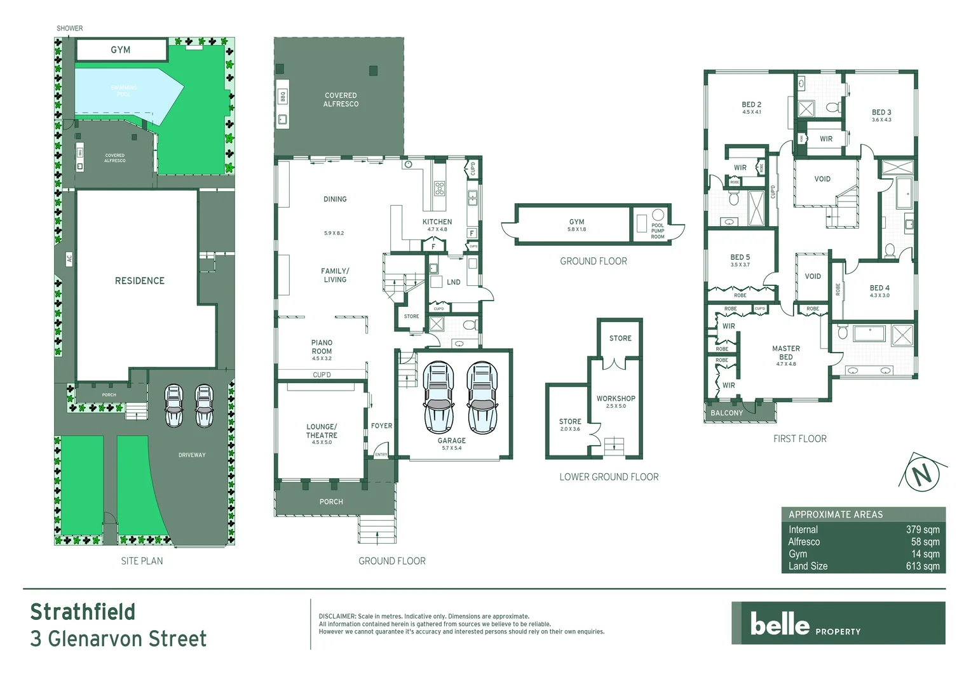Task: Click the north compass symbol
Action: click(x=921, y=473)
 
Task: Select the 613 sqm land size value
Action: click(x=922, y=566)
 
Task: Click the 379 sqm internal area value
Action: click(x=922, y=529)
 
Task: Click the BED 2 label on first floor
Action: click(x=751, y=105)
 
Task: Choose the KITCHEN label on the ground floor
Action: click(x=437, y=222)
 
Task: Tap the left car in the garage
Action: click(x=438, y=397)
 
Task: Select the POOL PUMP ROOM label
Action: click(x=658, y=231)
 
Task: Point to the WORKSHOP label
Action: click(x=615, y=399)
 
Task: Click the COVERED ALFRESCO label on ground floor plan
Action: click(x=341, y=100)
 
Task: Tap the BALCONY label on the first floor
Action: click(x=726, y=413)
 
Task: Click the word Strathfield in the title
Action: click(x=83, y=612)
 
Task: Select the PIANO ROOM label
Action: click(x=322, y=347)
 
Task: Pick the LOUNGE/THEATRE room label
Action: click(x=322, y=431)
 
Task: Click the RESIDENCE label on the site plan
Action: click(x=139, y=281)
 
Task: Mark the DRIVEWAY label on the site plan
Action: click(x=192, y=455)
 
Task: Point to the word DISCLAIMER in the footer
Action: click(x=337, y=616)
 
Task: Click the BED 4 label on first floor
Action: click(x=879, y=288)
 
